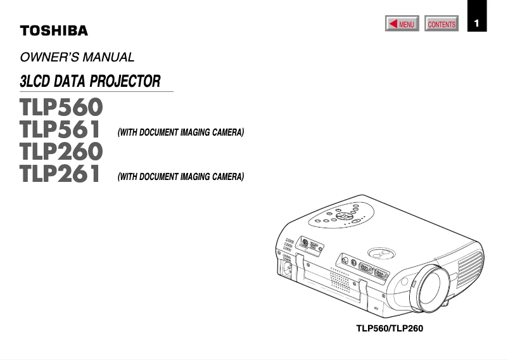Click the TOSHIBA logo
click(x=54, y=30)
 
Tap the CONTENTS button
click(x=441, y=25)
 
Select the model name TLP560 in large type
click(x=61, y=107)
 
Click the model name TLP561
click(x=61, y=131)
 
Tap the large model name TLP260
click(x=61, y=152)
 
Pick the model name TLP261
click(x=61, y=174)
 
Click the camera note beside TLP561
click(x=181, y=133)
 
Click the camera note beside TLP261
click(x=181, y=177)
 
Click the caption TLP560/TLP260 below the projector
click(x=389, y=329)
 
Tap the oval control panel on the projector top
click(x=336, y=216)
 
